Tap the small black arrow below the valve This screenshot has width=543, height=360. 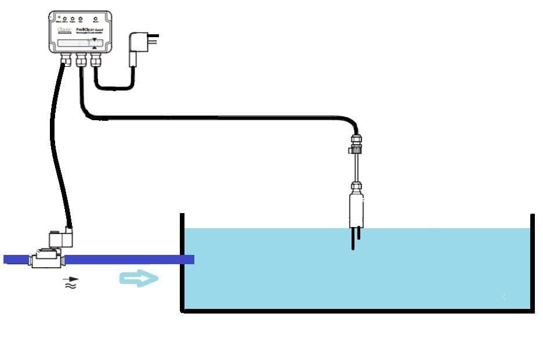point(71,279)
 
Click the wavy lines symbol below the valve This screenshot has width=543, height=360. point(71,286)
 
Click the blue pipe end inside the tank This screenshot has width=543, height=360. point(188,260)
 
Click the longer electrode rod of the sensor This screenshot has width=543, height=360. point(353,239)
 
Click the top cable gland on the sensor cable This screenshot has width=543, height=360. point(356,142)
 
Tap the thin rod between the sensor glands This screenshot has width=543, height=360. point(356,168)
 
